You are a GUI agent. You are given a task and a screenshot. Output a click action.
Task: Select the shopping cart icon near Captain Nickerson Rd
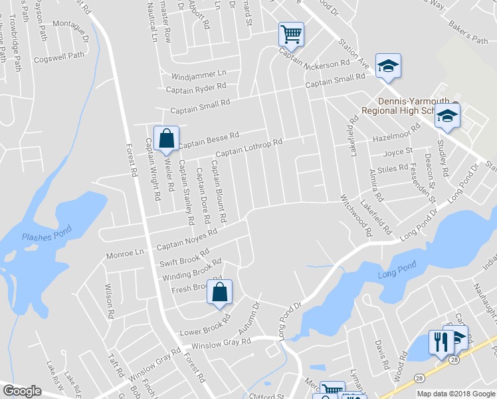(x=291, y=34)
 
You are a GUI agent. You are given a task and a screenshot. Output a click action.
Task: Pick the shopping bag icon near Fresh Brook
(x=219, y=292)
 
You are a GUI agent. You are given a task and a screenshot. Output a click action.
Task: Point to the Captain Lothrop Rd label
(x=249, y=147)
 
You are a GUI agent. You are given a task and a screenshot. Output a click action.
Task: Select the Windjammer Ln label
(x=199, y=74)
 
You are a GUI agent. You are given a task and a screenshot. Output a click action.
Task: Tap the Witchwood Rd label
(x=357, y=216)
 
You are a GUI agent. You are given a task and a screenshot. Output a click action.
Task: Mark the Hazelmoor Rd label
(x=397, y=132)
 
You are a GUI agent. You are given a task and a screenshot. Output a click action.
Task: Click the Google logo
(x=22, y=391)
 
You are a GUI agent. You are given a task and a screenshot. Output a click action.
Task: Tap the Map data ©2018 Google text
(x=456, y=394)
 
